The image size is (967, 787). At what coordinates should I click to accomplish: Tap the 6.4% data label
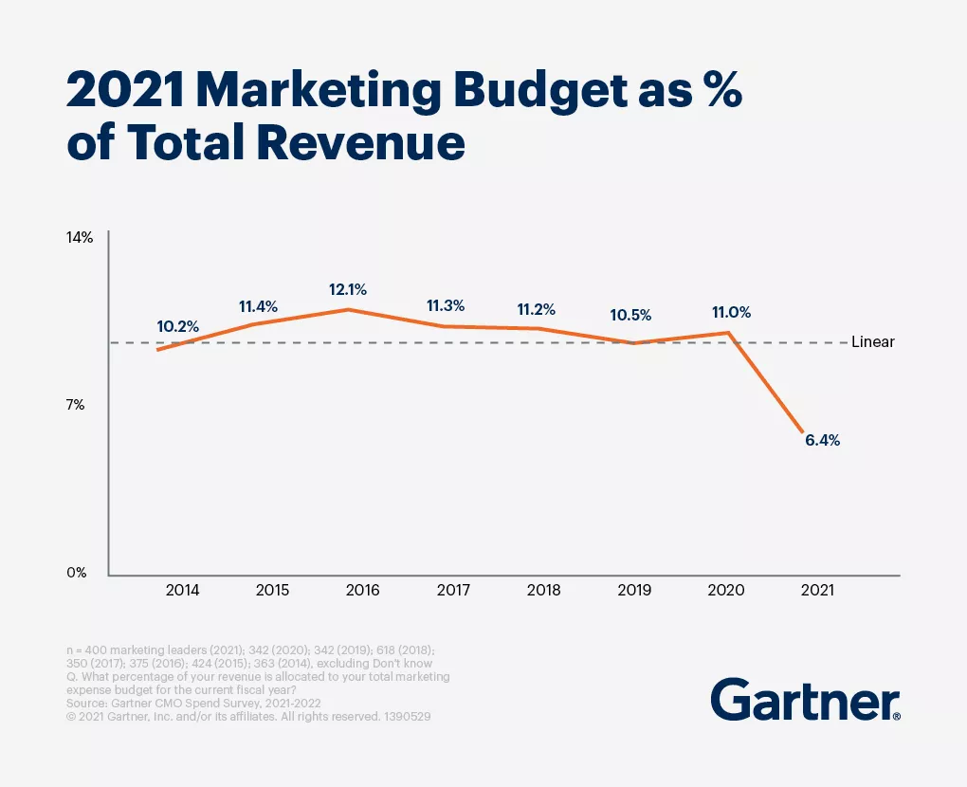822,441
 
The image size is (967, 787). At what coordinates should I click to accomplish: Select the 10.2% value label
178,326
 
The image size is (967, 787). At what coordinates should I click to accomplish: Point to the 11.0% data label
731,312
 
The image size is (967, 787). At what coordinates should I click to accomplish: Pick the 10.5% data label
631,315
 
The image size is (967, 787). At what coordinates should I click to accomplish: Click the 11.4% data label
258,306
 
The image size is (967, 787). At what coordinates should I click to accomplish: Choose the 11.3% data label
445,305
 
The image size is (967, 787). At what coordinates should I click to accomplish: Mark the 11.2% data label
536,309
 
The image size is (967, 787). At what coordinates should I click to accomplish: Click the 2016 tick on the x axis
363,590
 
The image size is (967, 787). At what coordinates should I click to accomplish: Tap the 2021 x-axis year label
817,590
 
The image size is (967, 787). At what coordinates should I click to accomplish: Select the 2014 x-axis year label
182,590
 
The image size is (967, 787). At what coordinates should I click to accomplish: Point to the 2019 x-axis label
634,590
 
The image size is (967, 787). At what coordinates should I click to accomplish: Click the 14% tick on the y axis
80,237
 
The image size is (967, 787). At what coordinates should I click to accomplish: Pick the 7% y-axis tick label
76,405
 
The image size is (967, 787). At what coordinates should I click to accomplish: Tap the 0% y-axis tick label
77,573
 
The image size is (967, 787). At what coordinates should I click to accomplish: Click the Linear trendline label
872,342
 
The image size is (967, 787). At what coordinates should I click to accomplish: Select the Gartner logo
805,701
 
